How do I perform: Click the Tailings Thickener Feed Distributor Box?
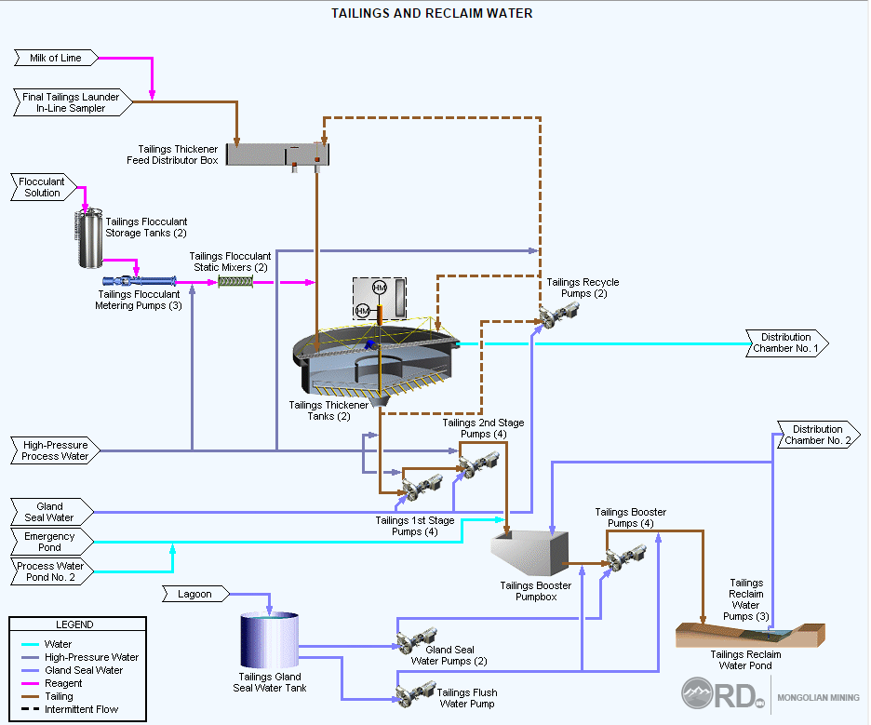pos(278,154)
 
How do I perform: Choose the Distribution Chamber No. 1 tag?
pos(785,343)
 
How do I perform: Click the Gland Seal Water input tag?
pos(51,512)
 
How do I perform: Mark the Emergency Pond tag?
pos(51,542)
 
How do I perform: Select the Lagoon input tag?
pos(194,594)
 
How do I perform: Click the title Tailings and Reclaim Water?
pos(433,14)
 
